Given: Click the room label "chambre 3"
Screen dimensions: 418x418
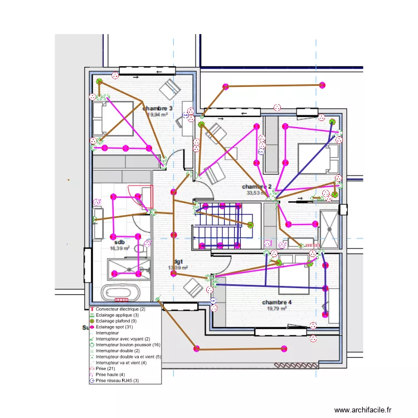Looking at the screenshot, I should (x=157, y=108).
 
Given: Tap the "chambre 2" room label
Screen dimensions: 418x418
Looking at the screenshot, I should (x=256, y=187).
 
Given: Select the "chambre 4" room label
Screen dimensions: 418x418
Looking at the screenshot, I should (x=276, y=302).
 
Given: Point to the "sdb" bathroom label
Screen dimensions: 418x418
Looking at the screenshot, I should (x=120, y=242).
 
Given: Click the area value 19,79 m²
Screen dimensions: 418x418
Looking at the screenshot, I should (x=276, y=308).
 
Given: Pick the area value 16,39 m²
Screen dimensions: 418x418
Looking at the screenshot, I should (x=120, y=249).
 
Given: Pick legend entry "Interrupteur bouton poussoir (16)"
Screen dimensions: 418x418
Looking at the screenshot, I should (x=128, y=345).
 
